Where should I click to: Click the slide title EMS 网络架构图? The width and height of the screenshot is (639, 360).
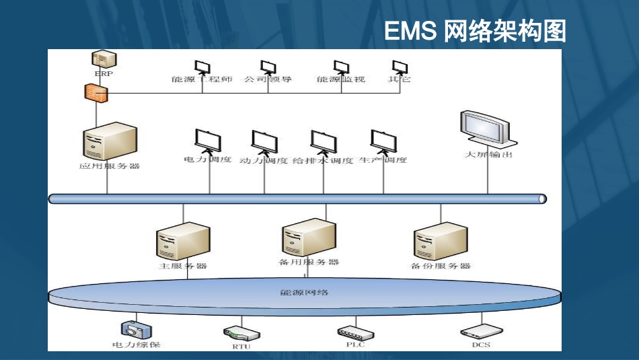[x=475, y=31]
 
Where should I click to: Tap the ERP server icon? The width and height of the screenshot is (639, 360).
[x=102, y=59]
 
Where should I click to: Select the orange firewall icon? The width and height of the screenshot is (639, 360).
[x=93, y=93]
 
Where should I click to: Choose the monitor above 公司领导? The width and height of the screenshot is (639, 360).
[x=268, y=67]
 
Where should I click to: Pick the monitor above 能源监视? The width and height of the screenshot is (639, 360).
[x=341, y=67]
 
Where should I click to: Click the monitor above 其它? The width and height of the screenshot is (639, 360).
[x=400, y=67]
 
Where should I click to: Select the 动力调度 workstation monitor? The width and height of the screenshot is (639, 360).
[x=264, y=141]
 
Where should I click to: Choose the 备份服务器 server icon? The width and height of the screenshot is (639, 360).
[x=441, y=241]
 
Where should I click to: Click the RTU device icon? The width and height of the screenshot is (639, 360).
[x=241, y=333]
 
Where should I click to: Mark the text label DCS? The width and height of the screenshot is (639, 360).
[x=481, y=345]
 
